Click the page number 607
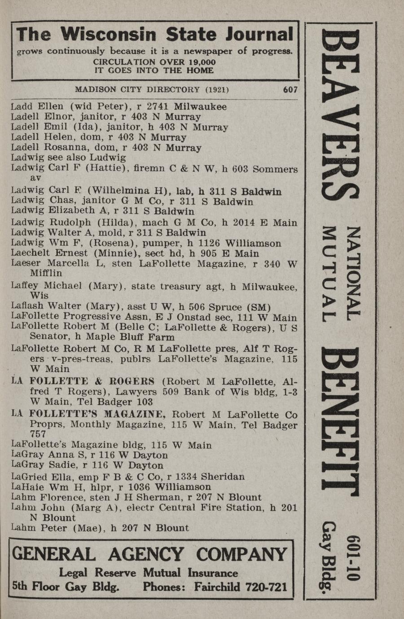click(x=290, y=89)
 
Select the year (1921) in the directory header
click(x=217, y=89)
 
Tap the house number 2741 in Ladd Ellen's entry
click(x=158, y=107)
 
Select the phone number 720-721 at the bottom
click(x=263, y=587)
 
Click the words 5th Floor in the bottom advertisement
click(x=43, y=587)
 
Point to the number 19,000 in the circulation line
click(x=198, y=62)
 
